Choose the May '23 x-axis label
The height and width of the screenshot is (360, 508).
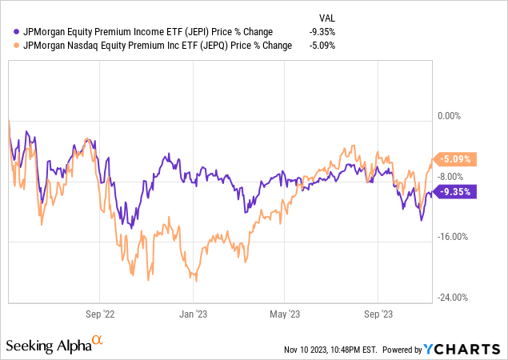[x=286, y=314]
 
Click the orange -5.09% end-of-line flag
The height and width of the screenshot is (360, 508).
[x=456, y=158]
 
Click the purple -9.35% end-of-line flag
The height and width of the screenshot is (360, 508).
[x=456, y=191]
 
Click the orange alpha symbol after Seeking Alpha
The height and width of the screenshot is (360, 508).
[x=97, y=341]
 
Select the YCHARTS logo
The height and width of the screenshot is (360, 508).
[x=463, y=349]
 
